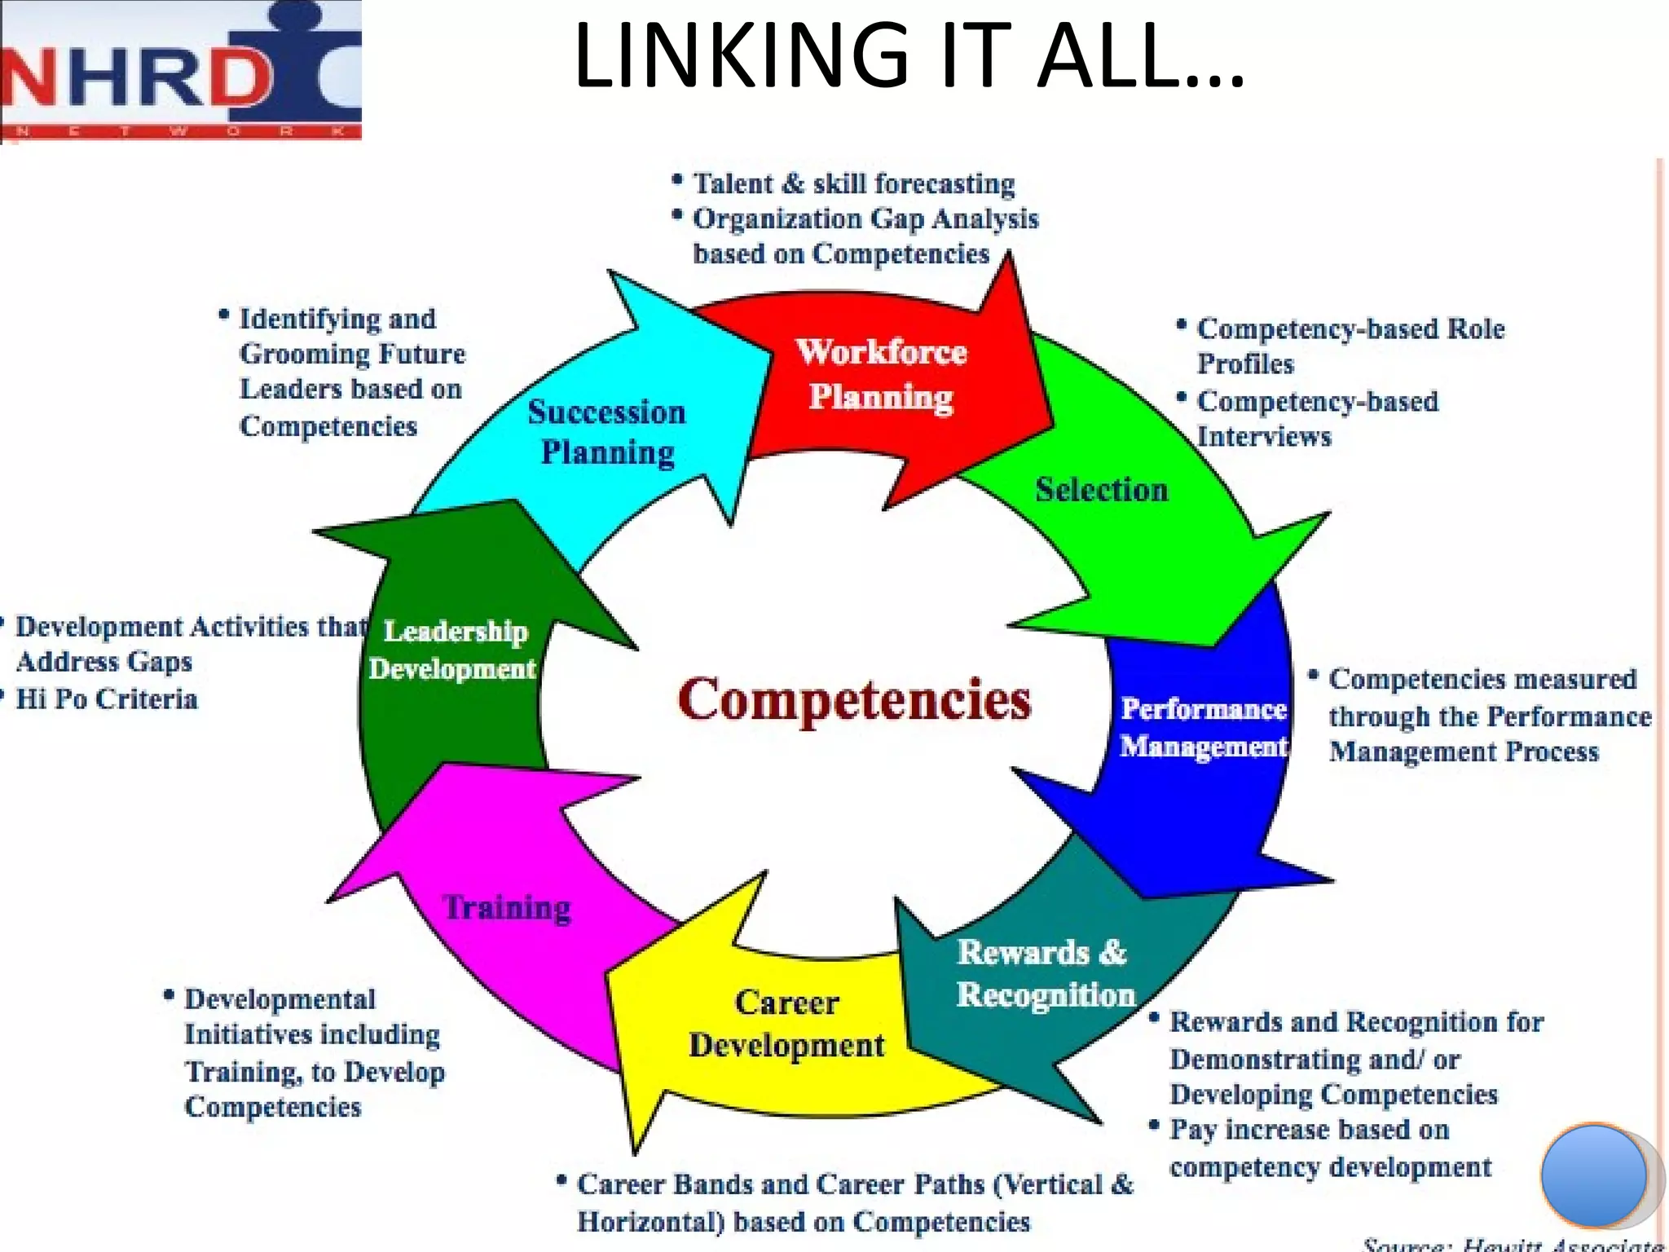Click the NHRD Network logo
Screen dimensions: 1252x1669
pyautogui.click(x=181, y=72)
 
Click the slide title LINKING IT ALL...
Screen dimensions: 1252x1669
pyautogui.click(x=908, y=55)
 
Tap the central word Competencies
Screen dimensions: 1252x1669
pyautogui.click(x=854, y=699)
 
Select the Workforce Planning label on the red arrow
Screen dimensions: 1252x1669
pyautogui.click(x=882, y=374)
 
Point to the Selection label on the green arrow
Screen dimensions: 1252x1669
pyautogui.click(x=1101, y=490)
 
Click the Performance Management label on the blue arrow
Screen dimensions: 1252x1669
pyautogui.click(x=1203, y=727)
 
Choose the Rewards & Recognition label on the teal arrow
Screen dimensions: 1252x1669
pyautogui.click(x=1045, y=973)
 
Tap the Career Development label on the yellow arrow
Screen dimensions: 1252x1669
pyautogui.click(x=786, y=1024)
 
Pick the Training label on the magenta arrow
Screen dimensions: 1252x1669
pyautogui.click(x=507, y=907)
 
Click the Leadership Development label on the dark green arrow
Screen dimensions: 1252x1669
pyautogui.click(x=453, y=650)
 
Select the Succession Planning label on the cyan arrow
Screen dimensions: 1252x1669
pyautogui.click(x=607, y=432)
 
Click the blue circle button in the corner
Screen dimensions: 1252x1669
pyautogui.click(x=1593, y=1175)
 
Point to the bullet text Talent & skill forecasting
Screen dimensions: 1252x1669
pyautogui.click(x=853, y=184)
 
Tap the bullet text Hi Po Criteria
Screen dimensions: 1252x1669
pyautogui.click(x=107, y=699)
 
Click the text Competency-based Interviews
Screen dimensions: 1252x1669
pyautogui.click(x=1316, y=418)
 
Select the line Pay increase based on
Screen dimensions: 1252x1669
pyautogui.click(x=1309, y=1130)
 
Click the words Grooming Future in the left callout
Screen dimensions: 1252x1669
pyautogui.click(x=352, y=354)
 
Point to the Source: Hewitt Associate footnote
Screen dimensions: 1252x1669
pyautogui.click(x=1513, y=1244)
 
